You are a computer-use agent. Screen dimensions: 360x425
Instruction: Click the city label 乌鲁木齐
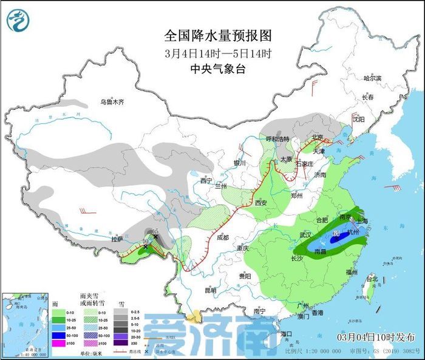[x=112, y=102]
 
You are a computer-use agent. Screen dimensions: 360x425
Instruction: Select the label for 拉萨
[x=117, y=239]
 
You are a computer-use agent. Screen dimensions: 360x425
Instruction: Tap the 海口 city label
[x=287, y=334]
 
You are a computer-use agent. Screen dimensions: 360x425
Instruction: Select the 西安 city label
[x=262, y=202]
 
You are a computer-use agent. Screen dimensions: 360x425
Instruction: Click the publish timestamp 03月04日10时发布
[x=376, y=337]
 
